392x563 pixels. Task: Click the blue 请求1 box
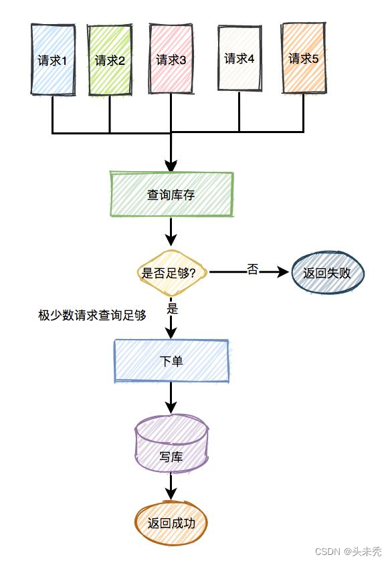(x=53, y=60)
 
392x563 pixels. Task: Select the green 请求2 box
(x=110, y=60)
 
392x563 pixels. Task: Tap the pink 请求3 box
(x=171, y=58)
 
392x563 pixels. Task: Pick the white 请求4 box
(x=239, y=58)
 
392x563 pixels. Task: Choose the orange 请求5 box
(x=303, y=58)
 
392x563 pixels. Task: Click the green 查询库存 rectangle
(x=171, y=195)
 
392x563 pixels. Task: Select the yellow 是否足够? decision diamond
(x=171, y=272)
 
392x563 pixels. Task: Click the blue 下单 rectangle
(x=171, y=361)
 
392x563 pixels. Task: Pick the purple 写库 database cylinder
(x=171, y=444)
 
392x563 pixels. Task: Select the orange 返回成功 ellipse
(x=171, y=523)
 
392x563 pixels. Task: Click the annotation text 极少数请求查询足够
(x=92, y=314)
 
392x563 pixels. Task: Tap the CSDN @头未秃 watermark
(x=348, y=552)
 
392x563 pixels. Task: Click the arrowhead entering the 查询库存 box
(x=171, y=165)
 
